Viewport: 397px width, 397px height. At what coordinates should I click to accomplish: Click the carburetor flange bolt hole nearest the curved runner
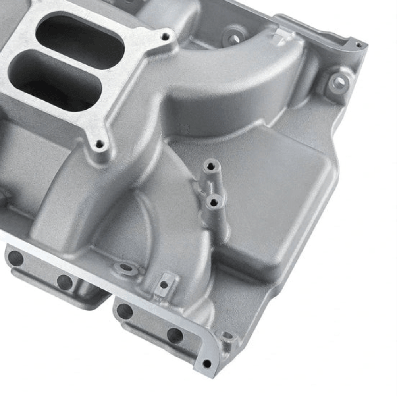(165, 37)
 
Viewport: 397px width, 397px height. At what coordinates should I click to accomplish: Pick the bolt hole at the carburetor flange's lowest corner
(99, 144)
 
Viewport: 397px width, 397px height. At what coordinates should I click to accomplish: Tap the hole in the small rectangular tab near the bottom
(164, 284)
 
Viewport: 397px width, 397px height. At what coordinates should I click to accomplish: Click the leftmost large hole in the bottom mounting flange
(15, 258)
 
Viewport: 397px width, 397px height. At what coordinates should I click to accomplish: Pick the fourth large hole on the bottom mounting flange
(175, 335)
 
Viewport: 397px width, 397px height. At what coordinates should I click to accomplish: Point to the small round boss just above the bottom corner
(227, 336)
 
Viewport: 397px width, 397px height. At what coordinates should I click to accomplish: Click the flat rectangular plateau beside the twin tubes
(274, 198)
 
